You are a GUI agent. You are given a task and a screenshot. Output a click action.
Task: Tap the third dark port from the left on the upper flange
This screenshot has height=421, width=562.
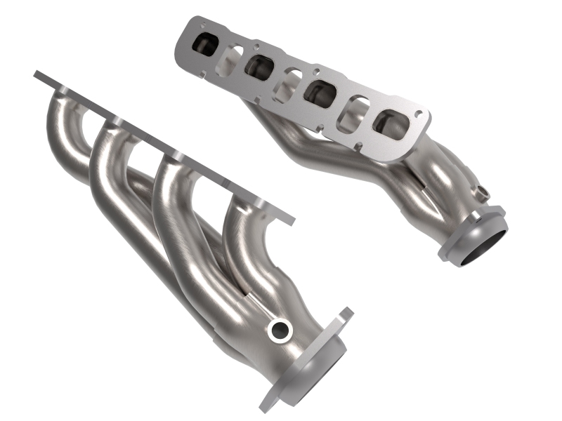pos(319,93)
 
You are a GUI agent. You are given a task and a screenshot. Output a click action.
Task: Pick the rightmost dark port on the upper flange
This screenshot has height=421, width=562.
pos(390,123)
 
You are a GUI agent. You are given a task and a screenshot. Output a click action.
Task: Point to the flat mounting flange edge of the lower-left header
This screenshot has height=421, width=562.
pos(162,147)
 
